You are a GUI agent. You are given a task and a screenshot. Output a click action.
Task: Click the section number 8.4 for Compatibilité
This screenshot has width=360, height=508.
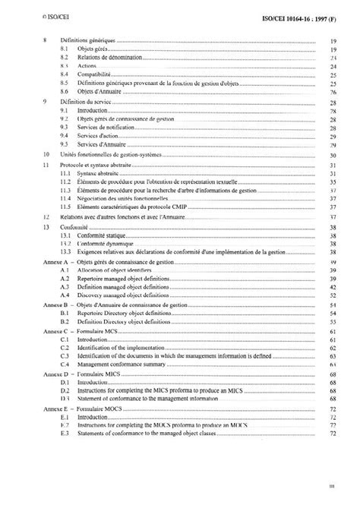pyautogui.click(x=65, y=75)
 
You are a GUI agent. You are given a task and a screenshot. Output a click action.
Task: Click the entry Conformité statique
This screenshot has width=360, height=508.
pyautogui.click(x=106, y=235)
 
